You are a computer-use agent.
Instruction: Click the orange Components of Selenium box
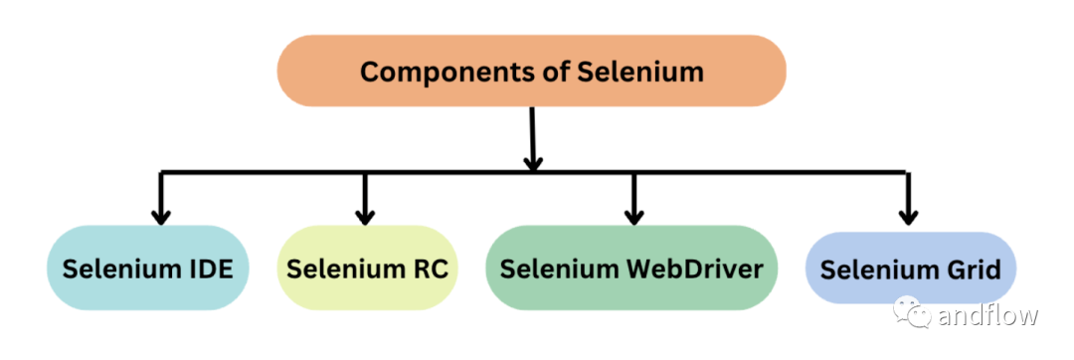[531, 71]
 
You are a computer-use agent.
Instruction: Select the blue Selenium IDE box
[147, 269]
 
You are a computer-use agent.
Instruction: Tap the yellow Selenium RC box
[367, 269]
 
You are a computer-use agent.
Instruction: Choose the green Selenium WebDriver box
[630, 269]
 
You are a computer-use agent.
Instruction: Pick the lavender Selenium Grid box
[910, 269]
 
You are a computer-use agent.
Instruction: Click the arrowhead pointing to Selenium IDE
[159, 214]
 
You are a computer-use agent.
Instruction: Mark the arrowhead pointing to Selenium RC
[365, 214]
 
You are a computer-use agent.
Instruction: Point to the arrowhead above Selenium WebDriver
[633, 214]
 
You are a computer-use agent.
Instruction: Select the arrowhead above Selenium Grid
[907, 214]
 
